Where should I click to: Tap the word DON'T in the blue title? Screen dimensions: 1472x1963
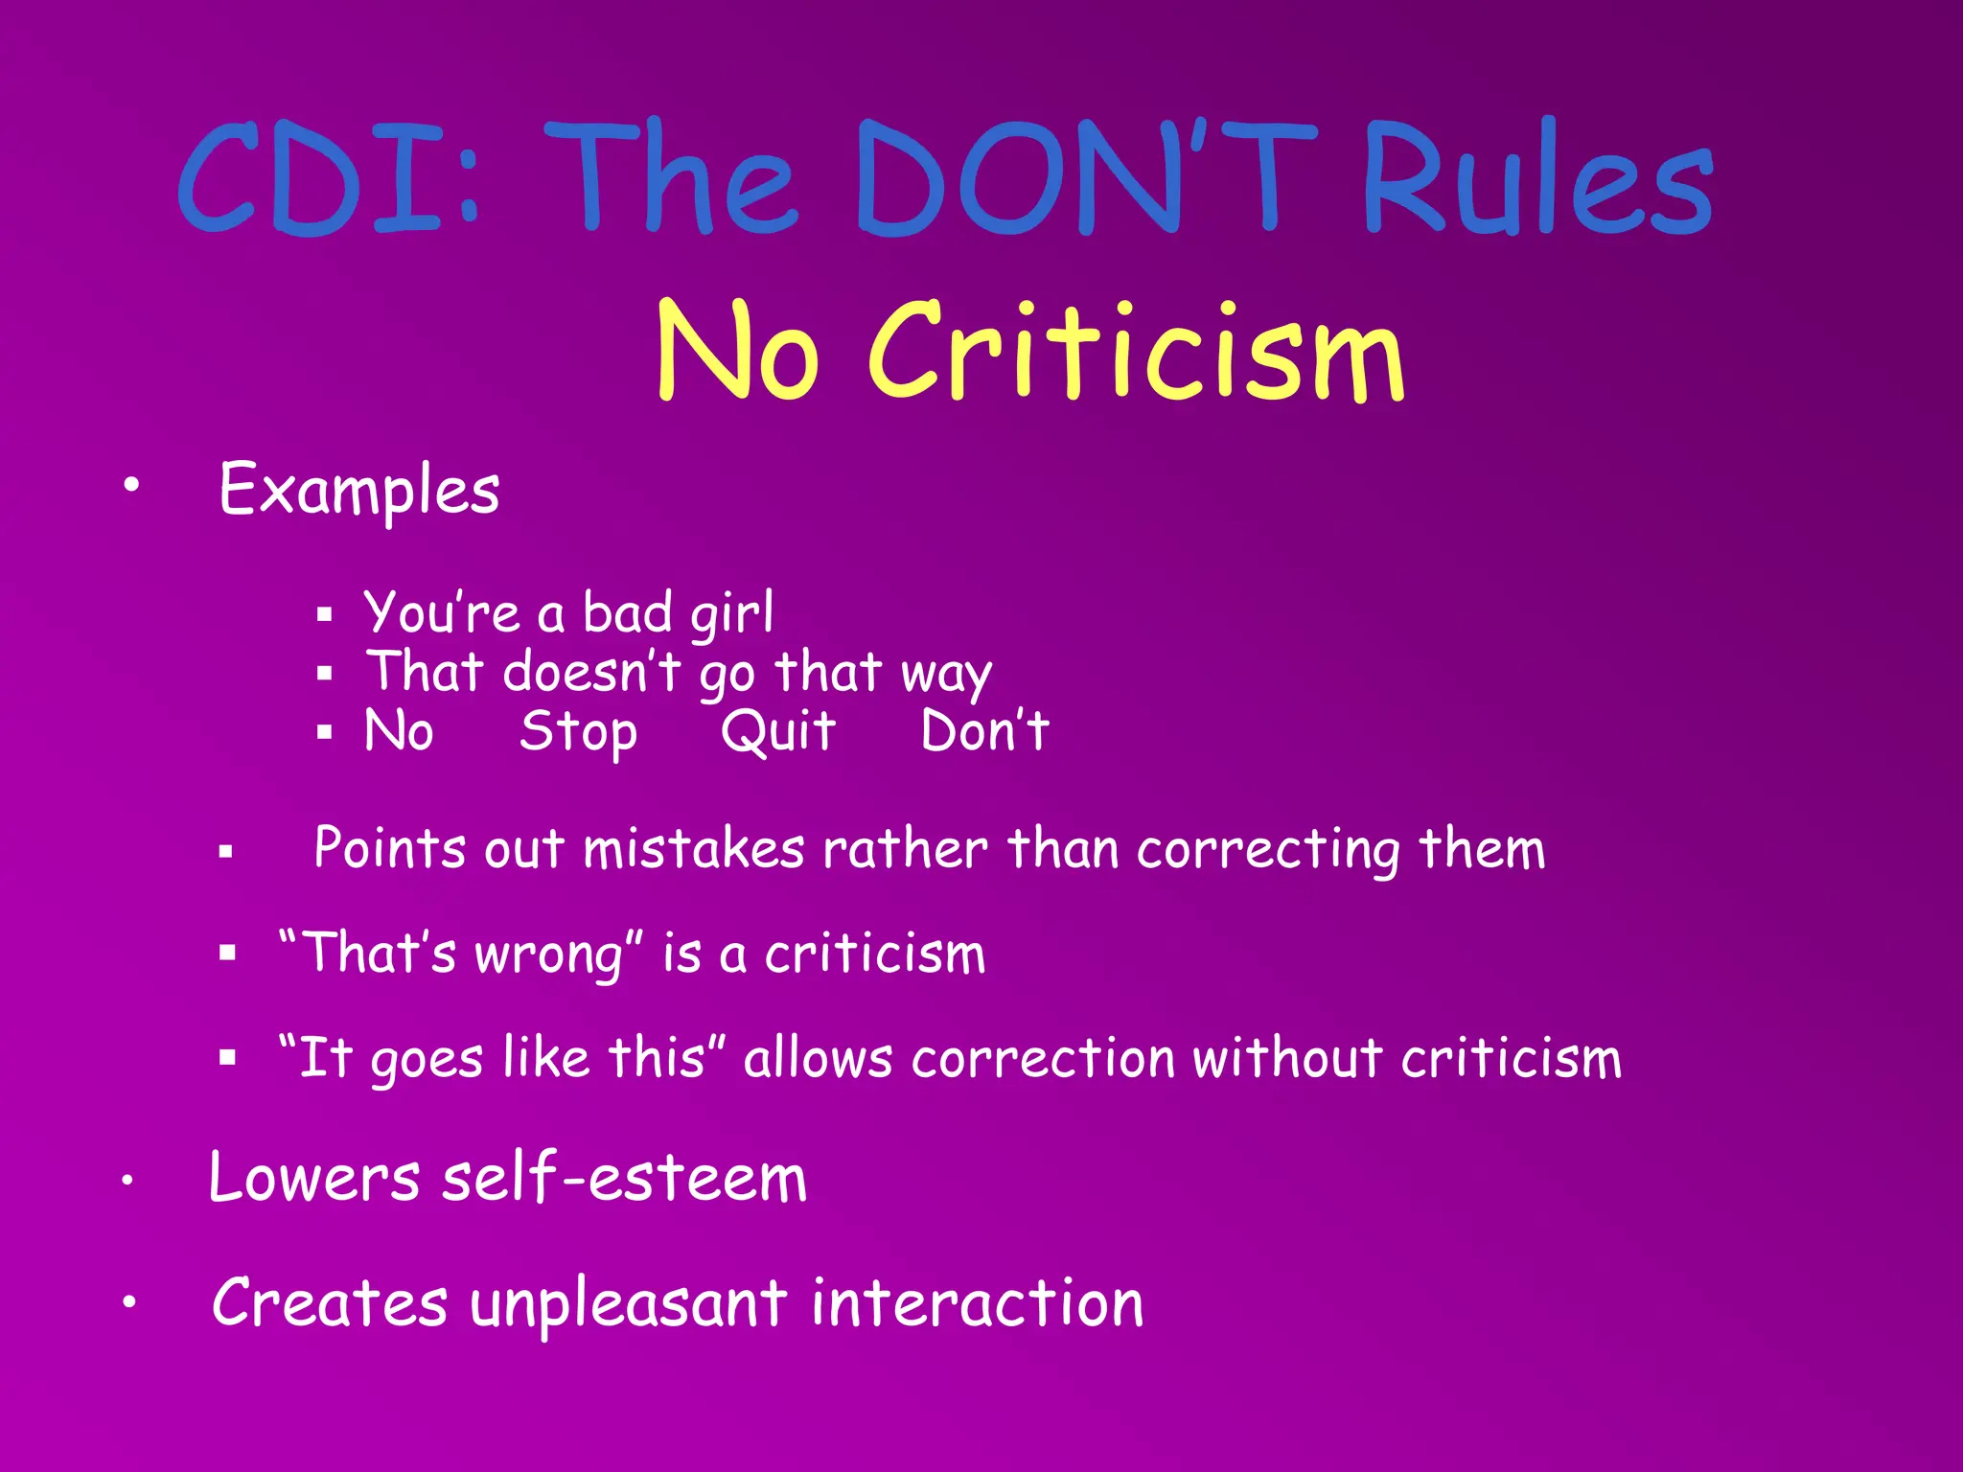pos(1088,178)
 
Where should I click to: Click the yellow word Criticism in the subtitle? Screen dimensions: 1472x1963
pos(1136,351)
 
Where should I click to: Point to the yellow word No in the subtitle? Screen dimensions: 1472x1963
pos(738,351)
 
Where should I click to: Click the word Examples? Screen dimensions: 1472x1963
pos(358,490)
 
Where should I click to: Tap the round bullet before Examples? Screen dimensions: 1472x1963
pos(131,484)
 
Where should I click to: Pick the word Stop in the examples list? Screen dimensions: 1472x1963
pos(578,732)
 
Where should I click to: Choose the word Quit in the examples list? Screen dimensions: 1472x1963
pos(778,731)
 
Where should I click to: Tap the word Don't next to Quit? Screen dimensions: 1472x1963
pos(984,731)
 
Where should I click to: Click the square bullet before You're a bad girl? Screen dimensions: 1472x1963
pos(325,614)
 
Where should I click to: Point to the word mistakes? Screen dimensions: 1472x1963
pos(693,849)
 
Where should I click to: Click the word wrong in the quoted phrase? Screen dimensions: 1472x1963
pos(549,954)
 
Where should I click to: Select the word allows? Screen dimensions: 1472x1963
pos(818,1058)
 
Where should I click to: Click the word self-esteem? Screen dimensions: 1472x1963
pos(624,1178)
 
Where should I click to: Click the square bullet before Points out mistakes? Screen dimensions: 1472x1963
pos(226,850)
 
